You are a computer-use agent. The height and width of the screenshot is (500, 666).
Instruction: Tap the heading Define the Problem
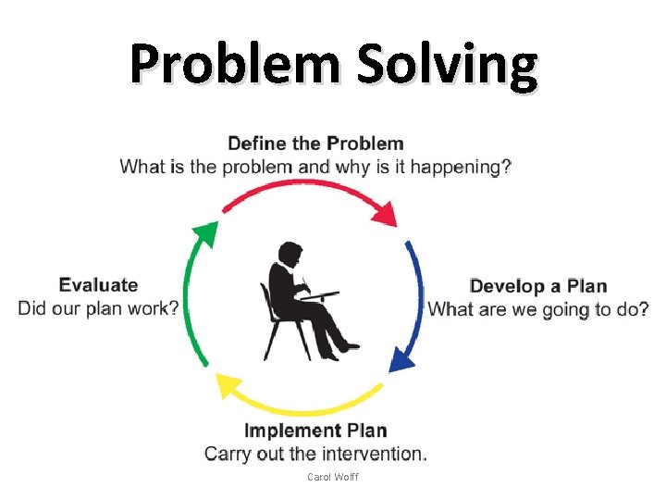pos(315,144)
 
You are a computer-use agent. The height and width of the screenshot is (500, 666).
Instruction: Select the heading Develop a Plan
pos(538,286)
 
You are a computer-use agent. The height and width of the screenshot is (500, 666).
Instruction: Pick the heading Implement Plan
pos(315,431)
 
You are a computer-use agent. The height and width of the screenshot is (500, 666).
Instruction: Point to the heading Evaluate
pos(98,285)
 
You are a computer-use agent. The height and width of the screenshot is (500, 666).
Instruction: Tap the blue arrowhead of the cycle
pos(402,356)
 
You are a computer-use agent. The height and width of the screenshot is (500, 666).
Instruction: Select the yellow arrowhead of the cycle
pos(228,382)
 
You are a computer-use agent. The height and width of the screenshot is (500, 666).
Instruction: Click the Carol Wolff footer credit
pos(332,477)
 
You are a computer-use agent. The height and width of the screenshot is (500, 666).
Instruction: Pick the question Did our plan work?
pos(98,308)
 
